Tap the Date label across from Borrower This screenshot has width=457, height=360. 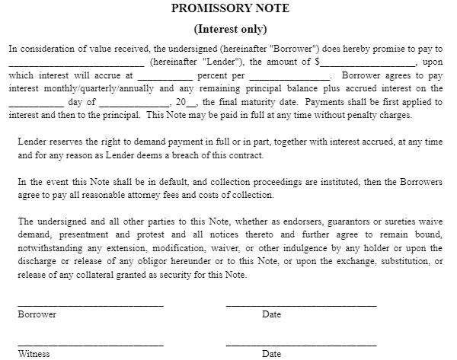tap(271, 314)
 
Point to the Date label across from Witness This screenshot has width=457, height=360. tap(271, 354)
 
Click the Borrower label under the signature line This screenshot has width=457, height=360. tap(37, 314)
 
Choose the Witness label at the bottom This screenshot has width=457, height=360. tap(34, 354)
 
